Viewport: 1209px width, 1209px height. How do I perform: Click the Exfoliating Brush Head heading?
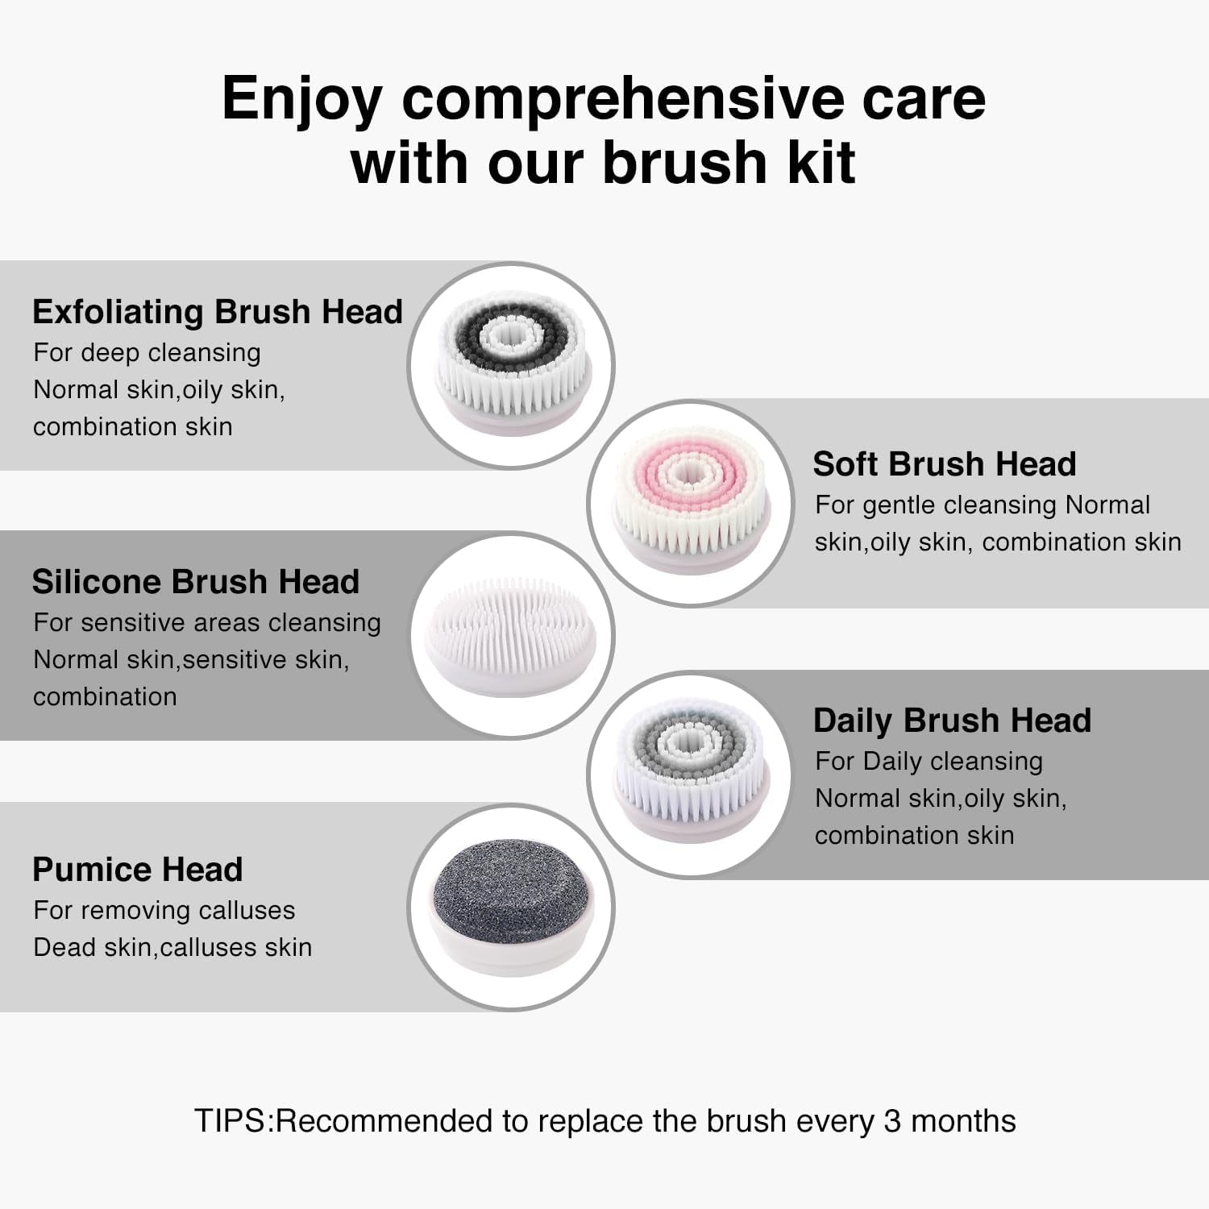pyautogui.click(x=217, y=312)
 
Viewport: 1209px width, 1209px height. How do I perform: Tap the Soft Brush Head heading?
pyautogui.click(x=944, y=464)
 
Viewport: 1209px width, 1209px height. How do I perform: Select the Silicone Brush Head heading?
pyautogui.click(x=195, y=582)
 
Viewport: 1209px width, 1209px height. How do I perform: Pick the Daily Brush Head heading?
pyautogui.click(x=951, y=721)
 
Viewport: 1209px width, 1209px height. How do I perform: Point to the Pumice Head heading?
pyautogui.click(x=137, y=870)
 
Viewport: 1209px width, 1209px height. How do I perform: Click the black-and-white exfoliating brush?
pyautogui.click(x=511, y=364)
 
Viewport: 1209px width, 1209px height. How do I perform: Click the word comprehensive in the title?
pyautogui.click(x=623, y=100)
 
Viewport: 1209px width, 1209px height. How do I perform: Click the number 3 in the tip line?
pyautogui.click(x=891, y=1122)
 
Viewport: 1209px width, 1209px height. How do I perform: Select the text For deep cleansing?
pyautogui.click(x=147, y=353)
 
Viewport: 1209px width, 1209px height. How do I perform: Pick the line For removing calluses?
pyautogui.click(x=164, y=911)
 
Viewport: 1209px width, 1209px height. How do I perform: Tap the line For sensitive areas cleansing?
pyautogui.click(x=206, y=623)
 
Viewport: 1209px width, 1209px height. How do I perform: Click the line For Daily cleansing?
pyautogui.click(x=929, y=762)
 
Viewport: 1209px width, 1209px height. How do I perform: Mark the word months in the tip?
pyautogui.click(x=963, y=1122)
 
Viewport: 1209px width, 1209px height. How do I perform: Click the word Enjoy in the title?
pyautogui.click(x=301, y=100)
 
